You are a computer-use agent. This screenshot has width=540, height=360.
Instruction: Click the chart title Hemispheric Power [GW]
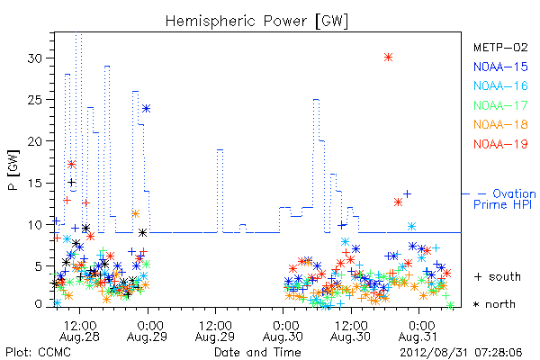[x=256, y=21]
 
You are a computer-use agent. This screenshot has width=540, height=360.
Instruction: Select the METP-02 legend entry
[x=500, y=47]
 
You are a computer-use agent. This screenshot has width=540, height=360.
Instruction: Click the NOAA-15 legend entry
[x=500, y=67]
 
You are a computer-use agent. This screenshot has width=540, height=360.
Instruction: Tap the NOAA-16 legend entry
[x=500, y=85]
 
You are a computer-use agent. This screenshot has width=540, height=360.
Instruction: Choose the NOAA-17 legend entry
[x=500, y=105]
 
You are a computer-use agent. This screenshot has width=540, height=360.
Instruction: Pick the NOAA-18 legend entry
[x=500, y=124]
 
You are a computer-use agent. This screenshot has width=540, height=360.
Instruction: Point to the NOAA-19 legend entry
[x=500, y=144]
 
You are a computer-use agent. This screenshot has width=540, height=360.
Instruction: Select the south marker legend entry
[x=498, y=276]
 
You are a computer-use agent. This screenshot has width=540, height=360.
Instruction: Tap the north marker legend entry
[x=494, y=304]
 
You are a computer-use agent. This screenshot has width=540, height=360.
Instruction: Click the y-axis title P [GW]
[x=13, y=170]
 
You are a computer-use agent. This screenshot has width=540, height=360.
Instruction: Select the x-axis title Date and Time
[x=257, y=352]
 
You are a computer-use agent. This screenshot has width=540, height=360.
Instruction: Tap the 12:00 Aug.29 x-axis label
[x=215, y=331]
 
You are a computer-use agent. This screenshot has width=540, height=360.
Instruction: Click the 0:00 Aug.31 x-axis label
[x=418, y=331]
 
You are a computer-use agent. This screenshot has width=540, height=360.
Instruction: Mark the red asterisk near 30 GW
[x=388, y=58]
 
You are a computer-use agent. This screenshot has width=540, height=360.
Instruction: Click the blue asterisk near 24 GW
[x=146, y=109]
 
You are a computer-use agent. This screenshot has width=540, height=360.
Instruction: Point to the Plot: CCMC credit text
[x=38, y=352]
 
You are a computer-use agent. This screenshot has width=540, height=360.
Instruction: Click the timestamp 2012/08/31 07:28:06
[x=461, y=353]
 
